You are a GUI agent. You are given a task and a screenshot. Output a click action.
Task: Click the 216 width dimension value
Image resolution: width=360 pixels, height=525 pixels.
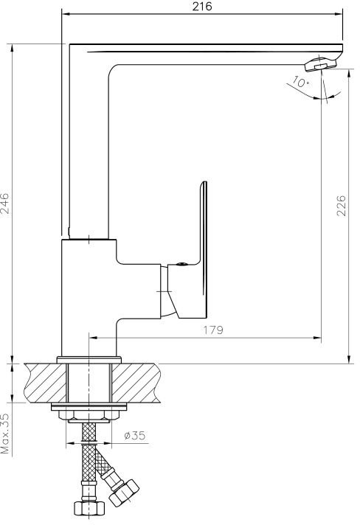202,7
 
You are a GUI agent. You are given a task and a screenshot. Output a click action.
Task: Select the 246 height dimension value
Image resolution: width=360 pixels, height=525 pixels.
5,204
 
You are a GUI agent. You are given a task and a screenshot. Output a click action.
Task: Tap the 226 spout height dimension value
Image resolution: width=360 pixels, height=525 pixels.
341,205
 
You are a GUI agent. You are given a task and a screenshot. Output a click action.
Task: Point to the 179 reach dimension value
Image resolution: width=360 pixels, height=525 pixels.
213,330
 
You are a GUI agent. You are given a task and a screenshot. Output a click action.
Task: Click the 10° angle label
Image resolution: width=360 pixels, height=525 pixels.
300,82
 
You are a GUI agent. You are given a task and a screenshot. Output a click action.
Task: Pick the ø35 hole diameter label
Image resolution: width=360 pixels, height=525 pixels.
134,435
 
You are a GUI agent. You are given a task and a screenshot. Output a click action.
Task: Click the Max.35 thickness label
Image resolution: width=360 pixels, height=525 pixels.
5,434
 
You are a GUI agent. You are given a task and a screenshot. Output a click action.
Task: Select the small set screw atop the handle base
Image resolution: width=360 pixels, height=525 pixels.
181,264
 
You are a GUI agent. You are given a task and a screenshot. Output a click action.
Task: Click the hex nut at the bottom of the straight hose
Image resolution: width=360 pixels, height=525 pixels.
89,507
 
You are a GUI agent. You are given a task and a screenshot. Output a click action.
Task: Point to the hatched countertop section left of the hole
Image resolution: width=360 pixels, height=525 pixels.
46,383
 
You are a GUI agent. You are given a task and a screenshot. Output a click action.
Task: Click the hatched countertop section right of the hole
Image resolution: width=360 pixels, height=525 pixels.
136,383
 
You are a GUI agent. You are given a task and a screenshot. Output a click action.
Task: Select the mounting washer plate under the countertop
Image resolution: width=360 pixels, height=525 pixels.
89,407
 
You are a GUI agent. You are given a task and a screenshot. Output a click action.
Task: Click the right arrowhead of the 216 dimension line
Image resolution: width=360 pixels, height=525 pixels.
338,14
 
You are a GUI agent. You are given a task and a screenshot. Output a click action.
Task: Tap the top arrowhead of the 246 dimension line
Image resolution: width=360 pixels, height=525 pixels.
13,49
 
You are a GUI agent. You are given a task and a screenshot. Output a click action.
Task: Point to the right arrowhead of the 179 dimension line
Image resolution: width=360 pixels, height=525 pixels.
316,338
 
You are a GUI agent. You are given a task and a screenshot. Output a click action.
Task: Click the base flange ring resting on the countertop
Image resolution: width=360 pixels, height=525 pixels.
89,360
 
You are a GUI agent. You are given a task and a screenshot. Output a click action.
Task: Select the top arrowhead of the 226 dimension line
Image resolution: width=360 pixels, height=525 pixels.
349,74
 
